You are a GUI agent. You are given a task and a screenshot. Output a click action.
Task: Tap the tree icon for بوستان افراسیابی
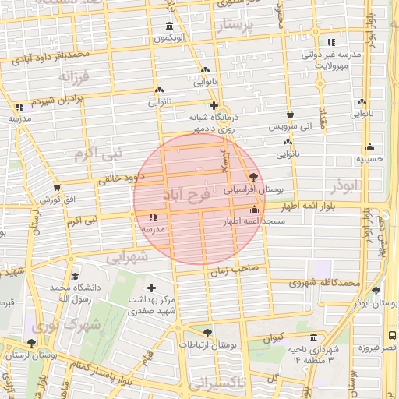click(x=252, y=178)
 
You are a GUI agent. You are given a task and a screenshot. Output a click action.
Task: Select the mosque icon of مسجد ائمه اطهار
click(x=254, y=210)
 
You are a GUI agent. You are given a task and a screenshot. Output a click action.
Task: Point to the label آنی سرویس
click(x=290, y=125)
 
